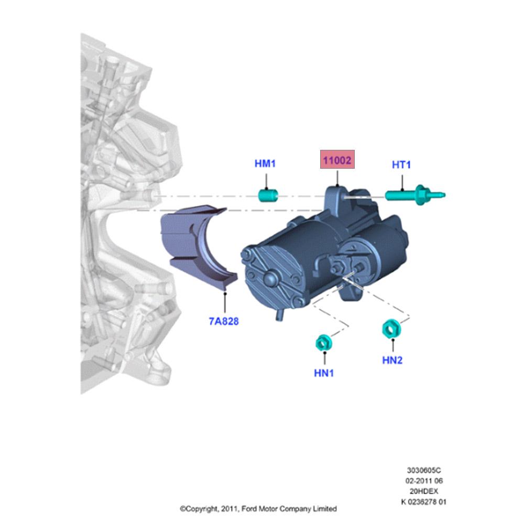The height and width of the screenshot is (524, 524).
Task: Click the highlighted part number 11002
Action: [x=337, y=160]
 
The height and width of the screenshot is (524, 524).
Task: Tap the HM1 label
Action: [x=265, y=163]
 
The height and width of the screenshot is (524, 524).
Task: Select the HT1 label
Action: [x=401, y=165]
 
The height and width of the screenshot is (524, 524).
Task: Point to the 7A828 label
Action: [x=224, y=321]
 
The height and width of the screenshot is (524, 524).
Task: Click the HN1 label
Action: [x=324, y=373]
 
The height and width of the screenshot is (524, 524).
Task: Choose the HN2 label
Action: [x=392, y=361]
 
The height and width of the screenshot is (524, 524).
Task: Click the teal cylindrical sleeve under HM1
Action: [x=268, y=195]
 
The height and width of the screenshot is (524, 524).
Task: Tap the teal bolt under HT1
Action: [x=414, y=195]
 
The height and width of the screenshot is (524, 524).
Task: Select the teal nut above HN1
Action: [x=323, y=343]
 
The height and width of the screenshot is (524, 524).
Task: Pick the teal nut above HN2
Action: [x=391, y=329]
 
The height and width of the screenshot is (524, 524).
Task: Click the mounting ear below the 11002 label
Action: [x=336, y=199]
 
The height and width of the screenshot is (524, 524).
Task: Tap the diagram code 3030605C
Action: [x=424, y=470]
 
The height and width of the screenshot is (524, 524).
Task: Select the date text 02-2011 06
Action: [x=424, y=481]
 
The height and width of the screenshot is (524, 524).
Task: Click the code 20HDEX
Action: [x=424, y=492]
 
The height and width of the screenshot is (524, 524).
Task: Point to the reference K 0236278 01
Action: [x=424, y=501]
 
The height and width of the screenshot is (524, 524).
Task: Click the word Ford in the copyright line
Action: [x=249, y=509]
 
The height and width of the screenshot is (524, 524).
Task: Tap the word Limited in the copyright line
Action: [x=324, y=509]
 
